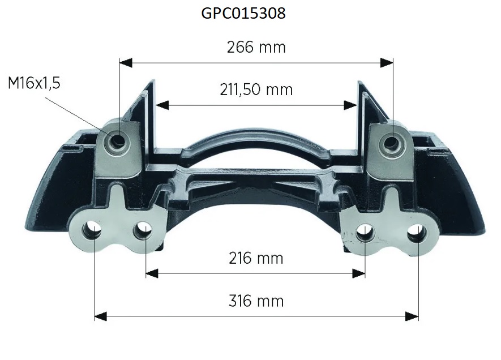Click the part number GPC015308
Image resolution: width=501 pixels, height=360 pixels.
[x=243, y=13]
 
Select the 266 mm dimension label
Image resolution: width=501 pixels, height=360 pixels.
[x=256, y=48]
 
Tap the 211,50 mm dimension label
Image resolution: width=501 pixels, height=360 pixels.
[x=256, y=90]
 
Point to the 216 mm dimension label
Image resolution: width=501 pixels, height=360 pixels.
[x=256, y=258]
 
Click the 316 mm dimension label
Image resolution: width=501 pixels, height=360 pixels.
[x=256, y=301]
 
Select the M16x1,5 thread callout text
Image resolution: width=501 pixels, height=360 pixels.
[x=34, y=83]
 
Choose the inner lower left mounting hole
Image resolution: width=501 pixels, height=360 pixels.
[x=142, y=231]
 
